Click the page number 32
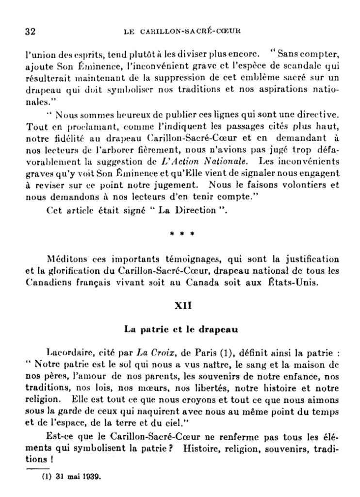tap(30, 32)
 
